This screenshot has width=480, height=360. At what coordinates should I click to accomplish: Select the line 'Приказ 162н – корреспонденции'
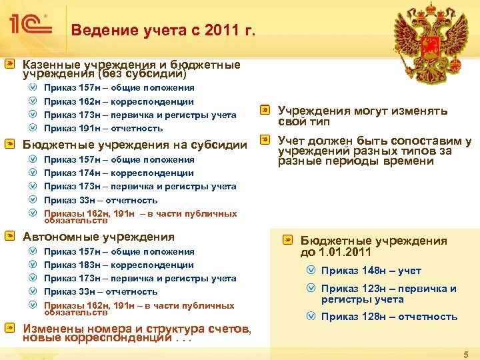(119, 101)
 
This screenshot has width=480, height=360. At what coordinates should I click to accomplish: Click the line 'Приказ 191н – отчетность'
(103, 128)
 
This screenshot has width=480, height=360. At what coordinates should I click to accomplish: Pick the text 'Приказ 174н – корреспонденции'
(119, 173)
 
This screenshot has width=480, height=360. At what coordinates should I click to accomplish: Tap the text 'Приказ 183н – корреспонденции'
(119, 265)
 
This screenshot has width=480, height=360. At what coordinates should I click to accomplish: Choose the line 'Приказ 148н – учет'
(371, 271)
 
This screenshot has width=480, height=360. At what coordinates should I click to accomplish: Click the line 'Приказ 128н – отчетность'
(389, 317)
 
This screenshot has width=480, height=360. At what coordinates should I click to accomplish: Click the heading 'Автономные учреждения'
(99, 237)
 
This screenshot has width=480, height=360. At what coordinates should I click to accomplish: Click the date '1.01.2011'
(346, 253)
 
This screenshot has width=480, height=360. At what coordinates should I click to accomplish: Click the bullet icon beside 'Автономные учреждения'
(10, 236)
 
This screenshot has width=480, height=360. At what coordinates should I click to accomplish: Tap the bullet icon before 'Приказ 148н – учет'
(311, 271)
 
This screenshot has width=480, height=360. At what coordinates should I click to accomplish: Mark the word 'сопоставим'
(427, 141)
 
